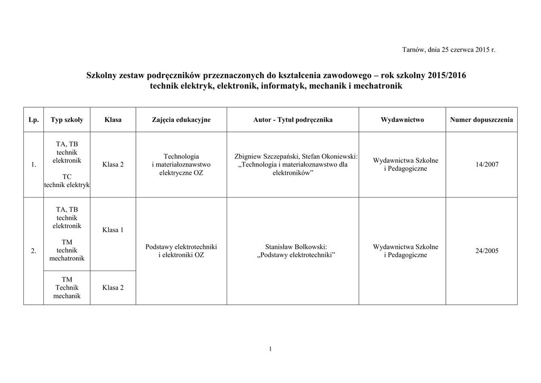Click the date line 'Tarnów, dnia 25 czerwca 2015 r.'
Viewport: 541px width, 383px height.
coord(449,50)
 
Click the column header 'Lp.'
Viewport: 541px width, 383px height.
coord(33,120)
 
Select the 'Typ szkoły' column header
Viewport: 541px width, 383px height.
coord(67,120)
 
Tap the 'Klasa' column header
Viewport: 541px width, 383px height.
coord(113,120)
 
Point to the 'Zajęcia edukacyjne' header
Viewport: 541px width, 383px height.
coord(181,120)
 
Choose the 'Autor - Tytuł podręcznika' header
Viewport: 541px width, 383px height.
coord(293,120)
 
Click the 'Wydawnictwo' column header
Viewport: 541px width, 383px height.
coord(402,120)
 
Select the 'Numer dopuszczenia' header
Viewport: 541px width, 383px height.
coord(481,120)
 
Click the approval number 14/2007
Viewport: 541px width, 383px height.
coord(487,165)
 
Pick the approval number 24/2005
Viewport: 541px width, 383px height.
coord(487,251)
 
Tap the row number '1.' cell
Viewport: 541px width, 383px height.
coord(33,165)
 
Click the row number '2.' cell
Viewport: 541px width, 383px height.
coord(33,251)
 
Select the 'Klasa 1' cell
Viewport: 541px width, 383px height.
coord(113,230)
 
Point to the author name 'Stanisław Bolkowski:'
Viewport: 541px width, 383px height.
coord(296,247)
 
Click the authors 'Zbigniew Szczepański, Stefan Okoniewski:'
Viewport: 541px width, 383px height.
coord(296,156)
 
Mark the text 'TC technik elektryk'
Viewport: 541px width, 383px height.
coord(67,180)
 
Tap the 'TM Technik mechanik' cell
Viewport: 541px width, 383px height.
coord(67,287)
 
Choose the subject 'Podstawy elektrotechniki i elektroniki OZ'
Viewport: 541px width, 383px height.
coord(181,251)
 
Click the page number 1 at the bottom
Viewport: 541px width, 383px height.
coord(270,349)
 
